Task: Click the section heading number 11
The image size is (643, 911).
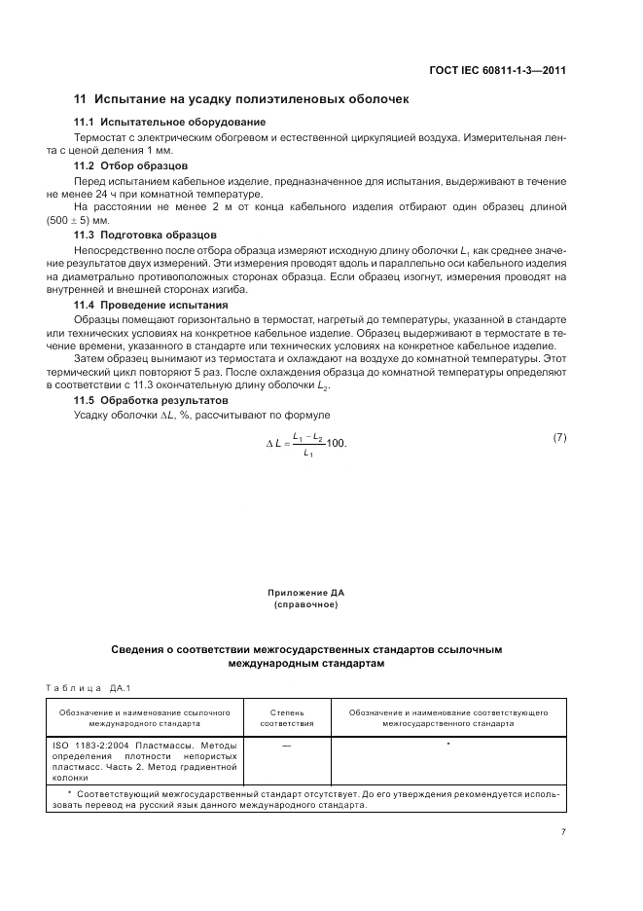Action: coord(81,99)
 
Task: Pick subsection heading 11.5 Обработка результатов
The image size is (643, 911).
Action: coord(151,400)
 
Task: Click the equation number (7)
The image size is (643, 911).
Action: coord(559,437)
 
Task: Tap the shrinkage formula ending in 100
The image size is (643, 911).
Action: coord(307,444)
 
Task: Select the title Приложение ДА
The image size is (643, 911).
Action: coord(305,592)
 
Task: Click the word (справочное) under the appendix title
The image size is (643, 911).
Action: coord(305,604)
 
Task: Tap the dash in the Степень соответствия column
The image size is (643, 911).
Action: coord(287,745)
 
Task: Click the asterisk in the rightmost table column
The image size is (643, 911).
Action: coord(447,745)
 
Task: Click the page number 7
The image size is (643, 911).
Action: coord(563,830)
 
